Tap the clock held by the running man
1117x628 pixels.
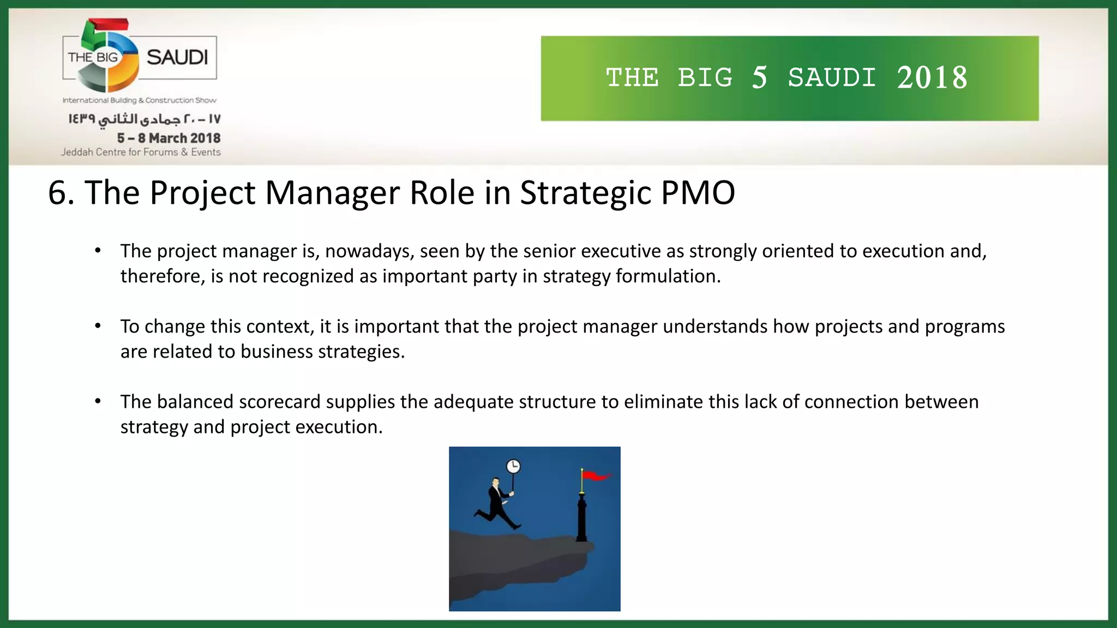click(x=513, y=467)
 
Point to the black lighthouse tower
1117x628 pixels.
click(x=582, y=515)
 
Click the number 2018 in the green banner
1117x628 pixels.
click(x=932, y=78)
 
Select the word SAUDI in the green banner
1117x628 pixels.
click(x=832, y=78)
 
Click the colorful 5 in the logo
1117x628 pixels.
click(x=109, y=55)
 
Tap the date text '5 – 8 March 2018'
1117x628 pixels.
click(x=169, y=138)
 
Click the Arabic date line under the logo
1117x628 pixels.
click(x=144, y=119)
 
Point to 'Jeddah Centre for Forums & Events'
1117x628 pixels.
click(x=141, y=152)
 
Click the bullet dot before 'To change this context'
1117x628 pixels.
click(x=98, y=326)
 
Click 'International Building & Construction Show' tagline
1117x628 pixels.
click(x=139, y=100)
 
